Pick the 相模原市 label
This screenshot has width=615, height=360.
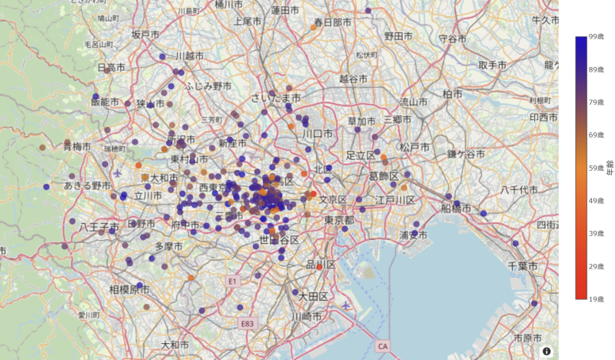click(x=128, y=290)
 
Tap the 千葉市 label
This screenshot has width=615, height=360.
click(x=534, y=265)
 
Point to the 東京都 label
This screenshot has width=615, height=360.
click(x=338, y=220)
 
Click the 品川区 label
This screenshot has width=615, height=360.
click(x=321, y=265)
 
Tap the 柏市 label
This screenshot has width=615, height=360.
click(x=452, y=94)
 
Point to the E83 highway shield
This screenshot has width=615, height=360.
click(x=247, y=323)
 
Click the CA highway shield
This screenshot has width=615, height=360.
click(x=382, y=346)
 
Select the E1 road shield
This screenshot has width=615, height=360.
click(x=231, y=282)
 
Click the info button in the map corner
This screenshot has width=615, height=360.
click(x=547, y=351)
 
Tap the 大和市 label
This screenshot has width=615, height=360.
click(x=175, y=344)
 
